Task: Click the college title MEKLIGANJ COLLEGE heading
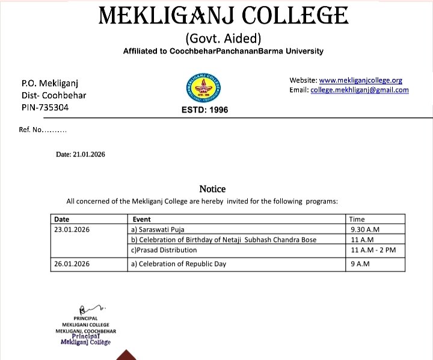(223, 16)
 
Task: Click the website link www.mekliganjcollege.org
(360, 80)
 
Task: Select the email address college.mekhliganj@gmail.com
(359, 90)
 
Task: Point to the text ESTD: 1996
(204, 110)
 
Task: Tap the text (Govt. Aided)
(223, 39)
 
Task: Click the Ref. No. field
(43, 130)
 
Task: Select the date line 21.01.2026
(81, 155)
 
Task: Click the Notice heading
(212, 189)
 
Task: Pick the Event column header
(141, 219)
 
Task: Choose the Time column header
(357, 219)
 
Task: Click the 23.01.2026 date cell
(72, 229)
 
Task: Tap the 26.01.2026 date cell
(72, 264)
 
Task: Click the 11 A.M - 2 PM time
(373, 249)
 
